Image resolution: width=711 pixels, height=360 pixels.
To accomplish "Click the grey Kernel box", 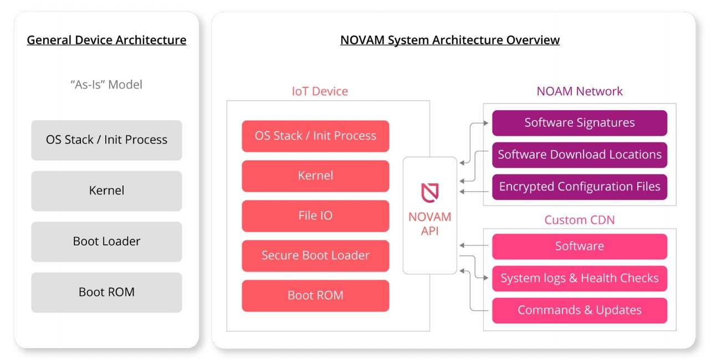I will [106, 191].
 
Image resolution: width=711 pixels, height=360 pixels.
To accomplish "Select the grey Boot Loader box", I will [106, 241].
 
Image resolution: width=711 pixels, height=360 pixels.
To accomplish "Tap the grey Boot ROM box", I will [106, 292].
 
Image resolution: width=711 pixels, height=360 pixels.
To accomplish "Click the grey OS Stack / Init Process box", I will [106, 140].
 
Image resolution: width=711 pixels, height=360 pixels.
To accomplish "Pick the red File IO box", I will [315, 216].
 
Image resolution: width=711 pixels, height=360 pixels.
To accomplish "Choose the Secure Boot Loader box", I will [315, 256].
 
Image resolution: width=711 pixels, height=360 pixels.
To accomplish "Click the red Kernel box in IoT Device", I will [315, 176].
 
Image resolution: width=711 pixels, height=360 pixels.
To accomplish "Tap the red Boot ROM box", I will [315, 296].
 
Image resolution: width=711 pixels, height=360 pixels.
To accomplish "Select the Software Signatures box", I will [580, 123].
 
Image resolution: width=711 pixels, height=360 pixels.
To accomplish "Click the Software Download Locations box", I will [580, 155].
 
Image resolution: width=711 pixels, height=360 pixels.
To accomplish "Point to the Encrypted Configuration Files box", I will [580, 187].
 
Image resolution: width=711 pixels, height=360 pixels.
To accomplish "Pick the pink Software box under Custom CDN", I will [580, 246].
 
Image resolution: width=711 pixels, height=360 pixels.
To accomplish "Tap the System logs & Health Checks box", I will [580, 279].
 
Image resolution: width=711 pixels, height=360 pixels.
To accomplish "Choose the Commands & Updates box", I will [580, 311].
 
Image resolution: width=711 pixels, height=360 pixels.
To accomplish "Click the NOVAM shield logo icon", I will [429, 192].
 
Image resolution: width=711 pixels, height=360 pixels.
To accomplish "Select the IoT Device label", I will [320, 91].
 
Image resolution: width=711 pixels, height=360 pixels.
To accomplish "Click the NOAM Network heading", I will [580, 91].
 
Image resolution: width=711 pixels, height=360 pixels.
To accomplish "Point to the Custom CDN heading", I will [580, 220].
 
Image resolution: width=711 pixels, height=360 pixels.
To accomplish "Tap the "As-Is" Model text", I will [106, 85].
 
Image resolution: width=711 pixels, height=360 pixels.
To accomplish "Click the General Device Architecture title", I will [106, 40].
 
